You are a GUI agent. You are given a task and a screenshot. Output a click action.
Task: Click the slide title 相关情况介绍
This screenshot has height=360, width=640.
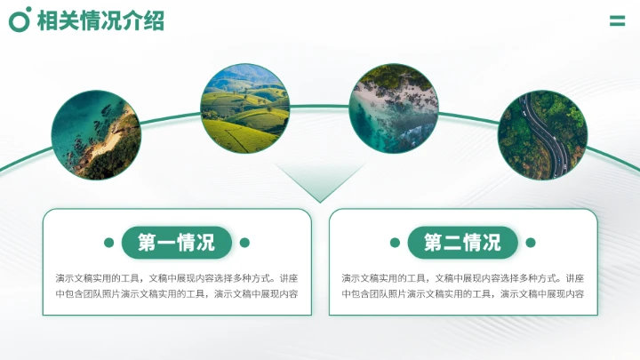click(100, 21)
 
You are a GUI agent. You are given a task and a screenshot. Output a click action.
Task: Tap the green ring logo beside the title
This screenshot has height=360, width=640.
click(20, 20)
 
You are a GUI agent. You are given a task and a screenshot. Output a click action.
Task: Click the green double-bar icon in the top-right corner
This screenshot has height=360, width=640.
click(617, 20)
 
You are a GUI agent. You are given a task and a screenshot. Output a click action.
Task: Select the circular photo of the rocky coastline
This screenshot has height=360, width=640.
click(96, 134)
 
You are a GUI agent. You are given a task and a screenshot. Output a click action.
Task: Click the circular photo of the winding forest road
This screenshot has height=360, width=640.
click(542, 134)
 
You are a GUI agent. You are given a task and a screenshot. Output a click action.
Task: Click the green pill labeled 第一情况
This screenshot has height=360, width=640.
click(177, 243)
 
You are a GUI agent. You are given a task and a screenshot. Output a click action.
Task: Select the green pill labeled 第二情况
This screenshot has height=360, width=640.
click(462, 243)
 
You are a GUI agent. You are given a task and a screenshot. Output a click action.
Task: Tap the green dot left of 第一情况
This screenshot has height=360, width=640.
click(109, 243)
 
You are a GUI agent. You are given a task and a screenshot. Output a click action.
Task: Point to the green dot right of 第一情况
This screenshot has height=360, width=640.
click(244, 243)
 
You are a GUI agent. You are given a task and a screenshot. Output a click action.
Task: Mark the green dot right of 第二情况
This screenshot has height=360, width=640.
click(531, 243)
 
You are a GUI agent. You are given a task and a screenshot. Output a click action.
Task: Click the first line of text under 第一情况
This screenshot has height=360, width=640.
click(177, 277)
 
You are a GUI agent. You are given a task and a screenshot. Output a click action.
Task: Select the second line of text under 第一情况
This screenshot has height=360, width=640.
click(177, 293)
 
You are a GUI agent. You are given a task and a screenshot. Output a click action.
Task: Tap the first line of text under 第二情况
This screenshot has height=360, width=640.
click(463, 277)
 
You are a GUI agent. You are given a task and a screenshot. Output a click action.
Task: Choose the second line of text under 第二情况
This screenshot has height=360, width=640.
click(463, 293)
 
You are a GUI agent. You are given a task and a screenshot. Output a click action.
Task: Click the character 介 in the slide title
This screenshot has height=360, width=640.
click(132, 21)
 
